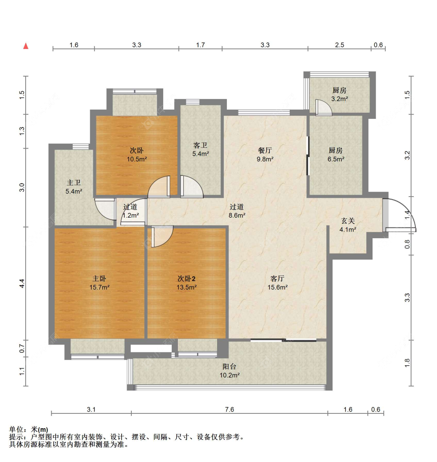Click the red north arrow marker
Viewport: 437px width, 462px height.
click(x=26, y=46)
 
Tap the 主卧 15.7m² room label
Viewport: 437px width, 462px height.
click(x=99, y=283)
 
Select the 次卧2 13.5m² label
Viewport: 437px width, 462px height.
click(x=186, y=283)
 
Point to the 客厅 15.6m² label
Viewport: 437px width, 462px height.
click(x=277, y=283)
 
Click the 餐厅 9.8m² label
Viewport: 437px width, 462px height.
click(x=265, y=155)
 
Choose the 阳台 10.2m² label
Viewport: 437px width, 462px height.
click(x=230, y=371)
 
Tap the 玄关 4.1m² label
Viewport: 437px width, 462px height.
click(x=348, y=225)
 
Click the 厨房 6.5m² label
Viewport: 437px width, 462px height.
click(x=336, y=155)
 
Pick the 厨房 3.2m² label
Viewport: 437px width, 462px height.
click(x=339, y=94)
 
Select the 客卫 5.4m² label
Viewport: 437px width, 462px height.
click(x=200, y=149)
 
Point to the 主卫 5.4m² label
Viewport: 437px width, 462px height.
click(x=74, y=187)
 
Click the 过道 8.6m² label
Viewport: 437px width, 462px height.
click(x=237, y=211)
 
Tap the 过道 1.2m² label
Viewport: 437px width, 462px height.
click(x=131, y=211)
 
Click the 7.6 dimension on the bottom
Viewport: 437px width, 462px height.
click(x=230, y=409)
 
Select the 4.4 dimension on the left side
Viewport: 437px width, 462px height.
click(x=22, y=283)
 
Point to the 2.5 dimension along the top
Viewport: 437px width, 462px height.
click(x=340, y=45)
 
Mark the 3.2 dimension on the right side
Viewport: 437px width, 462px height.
click(x=407, y=155)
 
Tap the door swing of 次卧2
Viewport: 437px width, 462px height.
click(x=162, y=236)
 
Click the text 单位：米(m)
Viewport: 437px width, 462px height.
click(x=29, y=429)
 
